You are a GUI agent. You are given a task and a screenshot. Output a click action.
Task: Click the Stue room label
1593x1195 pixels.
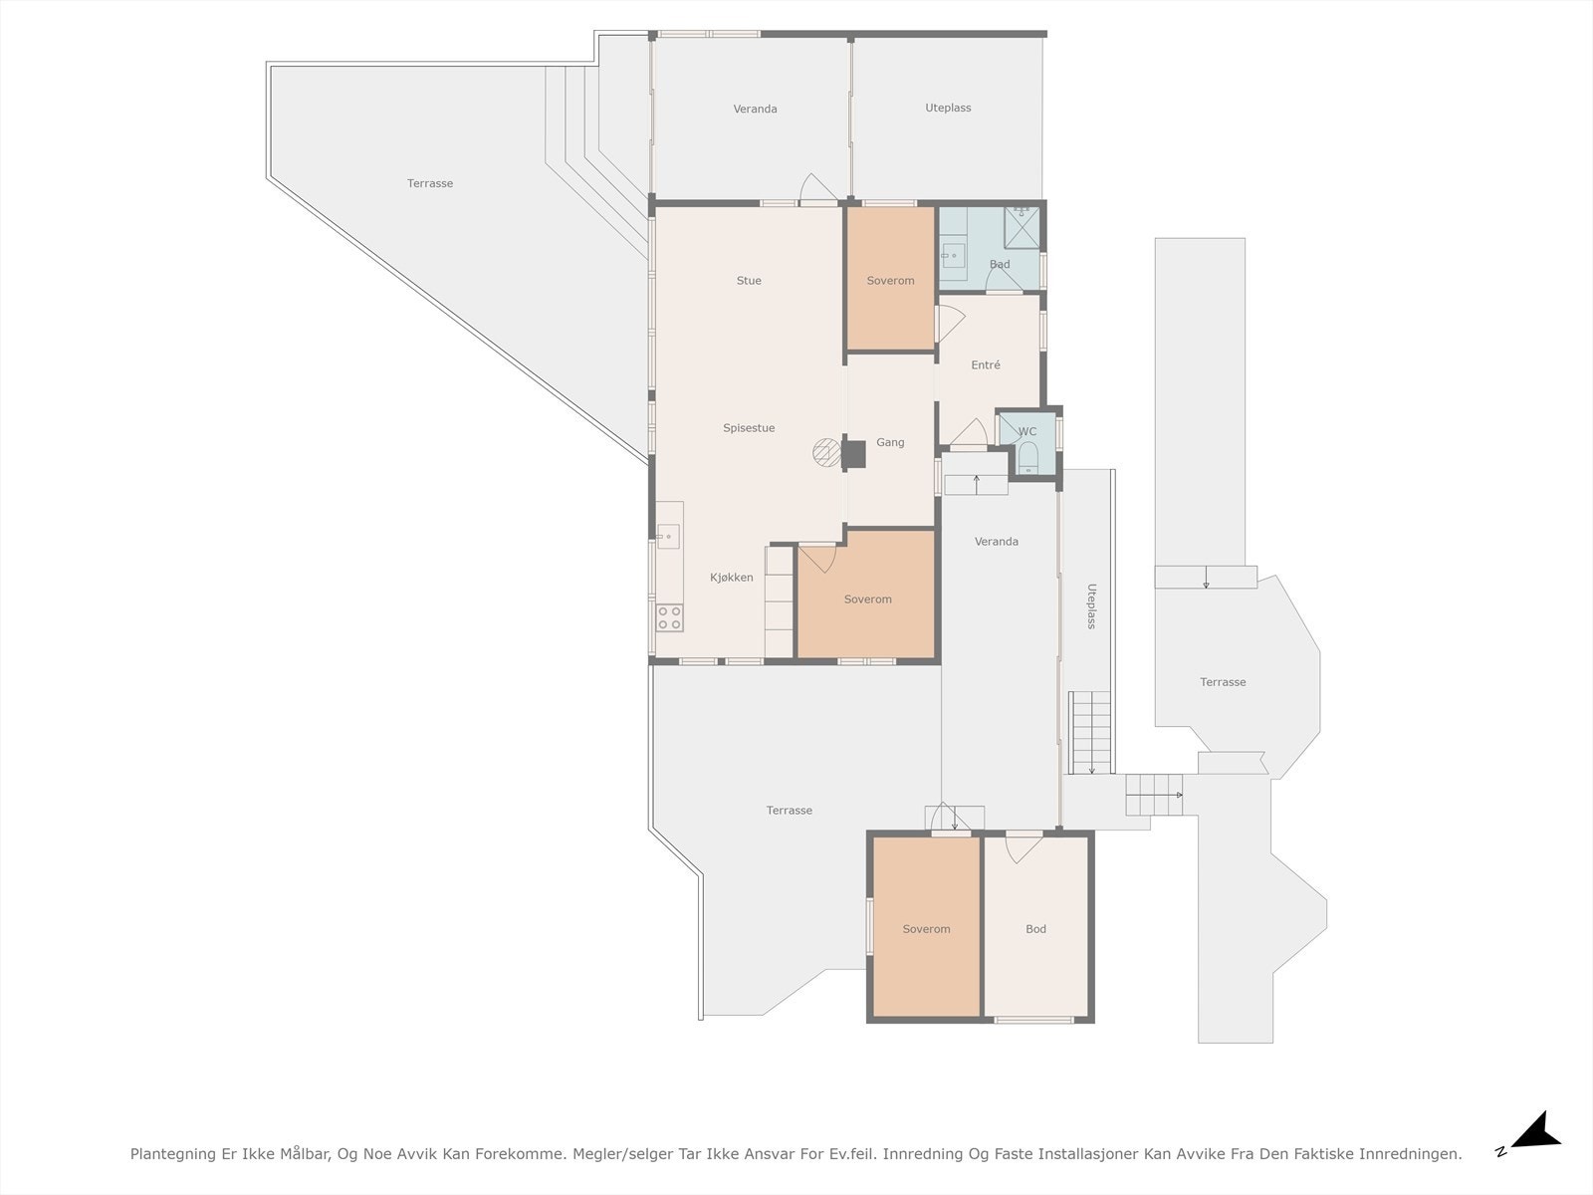tap(749, 281)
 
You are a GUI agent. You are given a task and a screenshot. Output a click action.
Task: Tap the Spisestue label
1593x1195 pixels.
tap(749, 428)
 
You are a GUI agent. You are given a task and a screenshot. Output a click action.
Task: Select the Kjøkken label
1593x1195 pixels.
tap(732, 578)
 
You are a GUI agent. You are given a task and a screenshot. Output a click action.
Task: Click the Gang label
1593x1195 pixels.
tap(890, 442)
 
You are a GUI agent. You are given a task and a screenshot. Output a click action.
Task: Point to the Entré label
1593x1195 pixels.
tap(986, 364)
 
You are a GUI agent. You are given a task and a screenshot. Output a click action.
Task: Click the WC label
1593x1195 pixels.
tap(1026, 432)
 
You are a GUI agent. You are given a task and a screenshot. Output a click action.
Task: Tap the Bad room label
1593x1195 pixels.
tap(1000, 264)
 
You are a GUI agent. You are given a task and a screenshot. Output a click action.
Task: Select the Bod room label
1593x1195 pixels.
tap(1035, 929)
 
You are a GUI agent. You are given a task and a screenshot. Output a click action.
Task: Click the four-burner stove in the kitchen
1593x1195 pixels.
tap(669, 617)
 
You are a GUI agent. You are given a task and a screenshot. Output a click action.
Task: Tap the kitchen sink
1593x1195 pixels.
tap(668, 537)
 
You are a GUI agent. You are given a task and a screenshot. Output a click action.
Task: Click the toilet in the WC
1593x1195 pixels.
tap(1028, 458)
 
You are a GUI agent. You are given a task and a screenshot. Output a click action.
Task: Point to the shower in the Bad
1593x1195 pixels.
tap(1022, 227)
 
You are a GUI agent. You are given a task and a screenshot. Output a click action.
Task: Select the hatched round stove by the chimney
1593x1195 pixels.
tap(826, 453)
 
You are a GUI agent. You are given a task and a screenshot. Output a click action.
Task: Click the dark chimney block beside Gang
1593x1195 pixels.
tap(853, 454)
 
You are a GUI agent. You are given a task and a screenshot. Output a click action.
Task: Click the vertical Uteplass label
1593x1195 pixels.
tap(1091, 605)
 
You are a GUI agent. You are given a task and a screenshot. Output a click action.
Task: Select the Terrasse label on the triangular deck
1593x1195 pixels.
tap(430, 183)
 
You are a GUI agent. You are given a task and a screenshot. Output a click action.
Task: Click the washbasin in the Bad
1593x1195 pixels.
tap(953, 255)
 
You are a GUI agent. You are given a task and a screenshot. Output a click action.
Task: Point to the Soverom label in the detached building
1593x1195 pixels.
tap(926, 929)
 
